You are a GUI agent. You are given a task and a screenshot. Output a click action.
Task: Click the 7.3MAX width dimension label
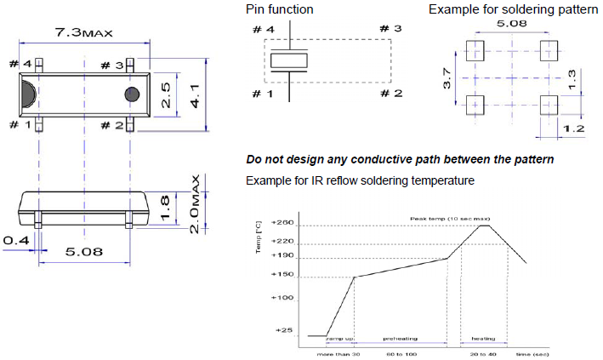tap(83, 33)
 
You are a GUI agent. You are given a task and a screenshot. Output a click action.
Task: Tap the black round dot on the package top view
tap(132, 94)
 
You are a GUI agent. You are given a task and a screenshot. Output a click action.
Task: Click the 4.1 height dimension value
tap(195, 94)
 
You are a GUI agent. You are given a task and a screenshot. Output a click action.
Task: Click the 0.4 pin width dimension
tap(15, 241)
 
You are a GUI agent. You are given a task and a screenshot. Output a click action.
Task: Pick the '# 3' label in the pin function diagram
tap(390, 29)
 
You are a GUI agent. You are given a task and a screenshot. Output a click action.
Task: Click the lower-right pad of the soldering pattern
tap(549, 105)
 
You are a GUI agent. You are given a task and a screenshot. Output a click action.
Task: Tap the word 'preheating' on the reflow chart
tap(399, 338)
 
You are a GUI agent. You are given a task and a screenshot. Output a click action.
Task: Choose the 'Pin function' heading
tap(279, 9)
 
